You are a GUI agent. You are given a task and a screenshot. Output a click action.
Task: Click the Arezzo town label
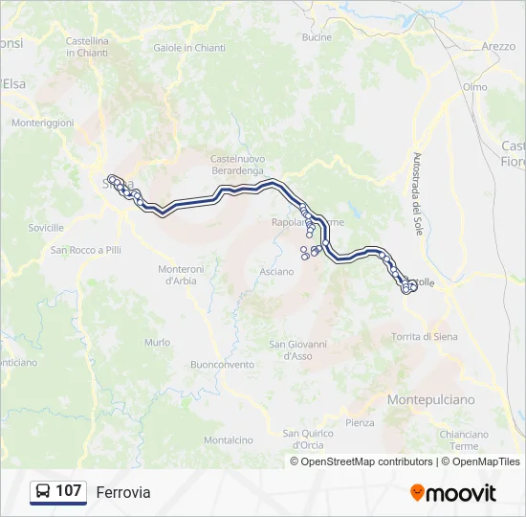coord(498,46)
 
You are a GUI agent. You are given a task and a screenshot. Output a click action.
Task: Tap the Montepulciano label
coord(430,399)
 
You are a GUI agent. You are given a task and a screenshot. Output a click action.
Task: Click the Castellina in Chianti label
coord(87,47)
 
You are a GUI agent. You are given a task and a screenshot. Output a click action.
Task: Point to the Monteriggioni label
coord(42,124)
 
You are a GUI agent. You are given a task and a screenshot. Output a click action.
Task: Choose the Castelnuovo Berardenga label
coord(237,164)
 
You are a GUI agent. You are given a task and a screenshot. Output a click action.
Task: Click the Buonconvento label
coord(223,365)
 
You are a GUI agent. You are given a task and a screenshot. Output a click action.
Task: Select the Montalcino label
coord(228,440)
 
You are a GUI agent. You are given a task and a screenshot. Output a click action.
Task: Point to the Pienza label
coord(360,422)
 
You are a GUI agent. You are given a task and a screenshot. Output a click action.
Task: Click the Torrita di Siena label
coord(425,337)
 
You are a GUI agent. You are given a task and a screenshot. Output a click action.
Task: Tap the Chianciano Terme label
coord(464,440)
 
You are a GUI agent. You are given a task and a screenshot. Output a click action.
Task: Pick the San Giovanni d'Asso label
coord(297,349)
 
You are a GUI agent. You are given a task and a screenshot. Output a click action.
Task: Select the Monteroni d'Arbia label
coord(182,275)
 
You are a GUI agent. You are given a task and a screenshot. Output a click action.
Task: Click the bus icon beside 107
coord(43,491)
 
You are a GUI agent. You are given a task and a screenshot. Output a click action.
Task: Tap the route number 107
coord(69,491)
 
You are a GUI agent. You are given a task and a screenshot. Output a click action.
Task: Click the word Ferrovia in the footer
coord(123,492)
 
